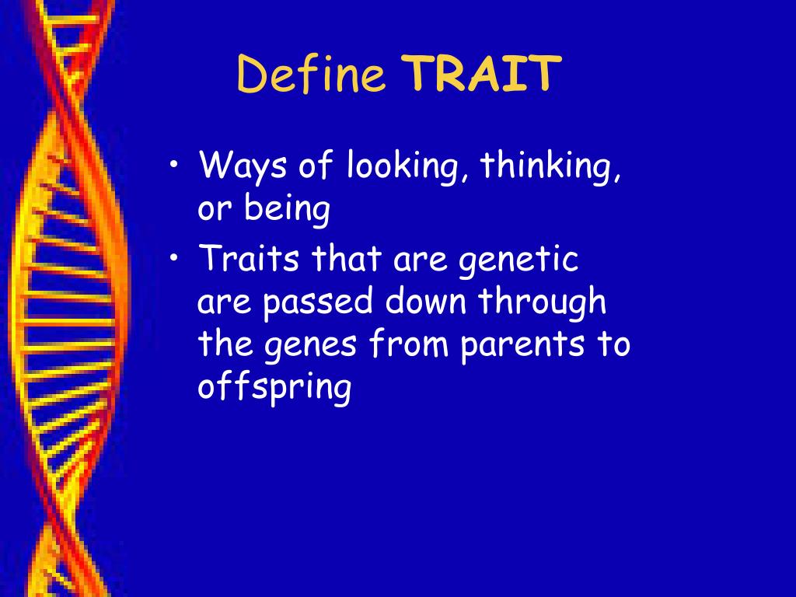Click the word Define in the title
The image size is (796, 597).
click(311, 74)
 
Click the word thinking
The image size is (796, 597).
click(546, 165)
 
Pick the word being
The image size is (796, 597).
click(288, 208)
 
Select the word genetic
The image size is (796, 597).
click(518, 260)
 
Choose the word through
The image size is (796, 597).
click(542, 302)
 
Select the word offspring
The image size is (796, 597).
click(274, 387)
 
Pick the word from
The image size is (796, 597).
click(409, 342)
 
